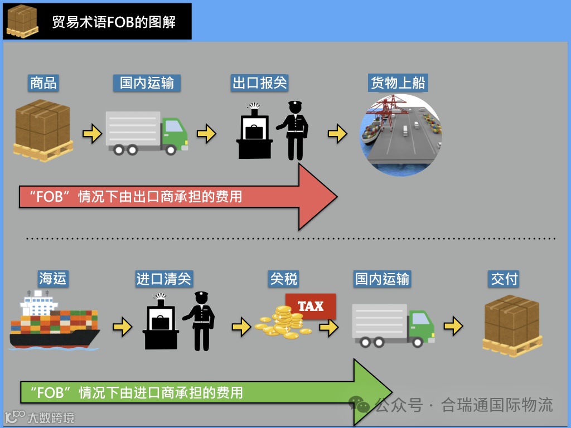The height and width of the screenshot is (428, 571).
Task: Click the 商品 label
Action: (x=43, y=84)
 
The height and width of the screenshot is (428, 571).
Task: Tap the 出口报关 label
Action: (x=259, y=84)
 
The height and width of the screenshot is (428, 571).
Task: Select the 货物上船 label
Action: (x=398, y=84)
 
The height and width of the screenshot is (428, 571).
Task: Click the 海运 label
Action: (x=53, y=279)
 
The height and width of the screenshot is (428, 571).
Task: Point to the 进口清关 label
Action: (x=164, y=279)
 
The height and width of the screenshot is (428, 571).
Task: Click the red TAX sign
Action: (x=311, y=306)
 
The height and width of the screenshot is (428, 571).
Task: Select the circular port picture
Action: (x=400, y=134)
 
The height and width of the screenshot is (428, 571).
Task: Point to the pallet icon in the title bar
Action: (x=22, y=21)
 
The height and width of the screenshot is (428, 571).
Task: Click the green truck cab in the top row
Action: (x=174, y=134)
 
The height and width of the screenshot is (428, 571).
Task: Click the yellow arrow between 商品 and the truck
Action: (x=91, y=134)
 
